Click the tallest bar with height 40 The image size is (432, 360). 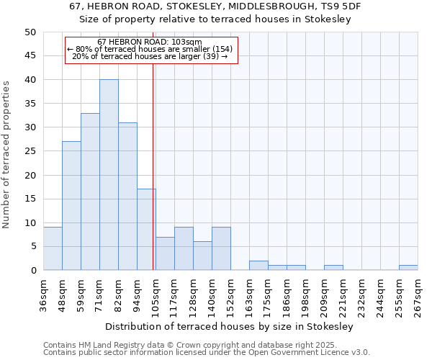point(109,175)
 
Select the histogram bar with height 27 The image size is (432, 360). point(71,206)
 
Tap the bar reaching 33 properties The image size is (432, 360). point(90,192)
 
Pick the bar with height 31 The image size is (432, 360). point(127,197)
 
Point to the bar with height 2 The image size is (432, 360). point(258,266)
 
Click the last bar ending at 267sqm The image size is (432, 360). point(408,268)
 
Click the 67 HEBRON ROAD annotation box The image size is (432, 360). point(151,50)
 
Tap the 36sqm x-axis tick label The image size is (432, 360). point(43,294)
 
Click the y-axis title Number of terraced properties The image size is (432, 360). point(7,155)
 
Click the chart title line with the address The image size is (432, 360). point(215,6)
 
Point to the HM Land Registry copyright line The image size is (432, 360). point(200,345)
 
